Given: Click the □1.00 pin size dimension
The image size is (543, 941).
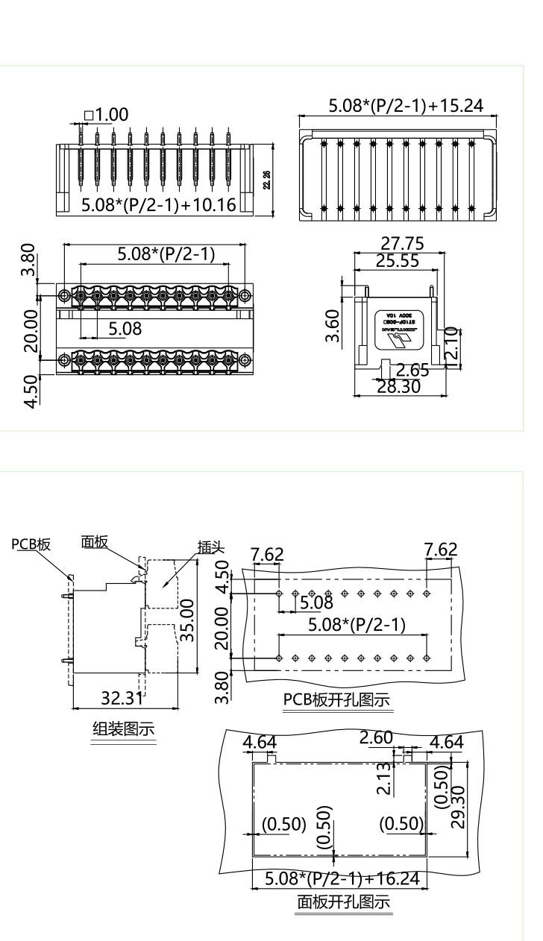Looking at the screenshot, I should tap(106, 115).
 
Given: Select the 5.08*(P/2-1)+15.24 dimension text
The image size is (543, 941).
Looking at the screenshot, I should tap(406, 106).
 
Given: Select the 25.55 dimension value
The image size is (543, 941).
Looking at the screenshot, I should tap(397, 261).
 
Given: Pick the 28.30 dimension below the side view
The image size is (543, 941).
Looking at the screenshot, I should tap(398, 386).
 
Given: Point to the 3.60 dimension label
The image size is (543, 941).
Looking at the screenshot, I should tap(335, 326).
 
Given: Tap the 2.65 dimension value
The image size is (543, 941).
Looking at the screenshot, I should tap(412, 371).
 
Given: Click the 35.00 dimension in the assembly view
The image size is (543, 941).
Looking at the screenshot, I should tap(187, 618).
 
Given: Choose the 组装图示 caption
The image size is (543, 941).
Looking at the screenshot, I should tap(123, 728).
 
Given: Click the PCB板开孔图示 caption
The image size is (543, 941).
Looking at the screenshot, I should tap(337, 700).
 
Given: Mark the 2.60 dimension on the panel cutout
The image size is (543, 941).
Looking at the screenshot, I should tap(376, 738).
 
